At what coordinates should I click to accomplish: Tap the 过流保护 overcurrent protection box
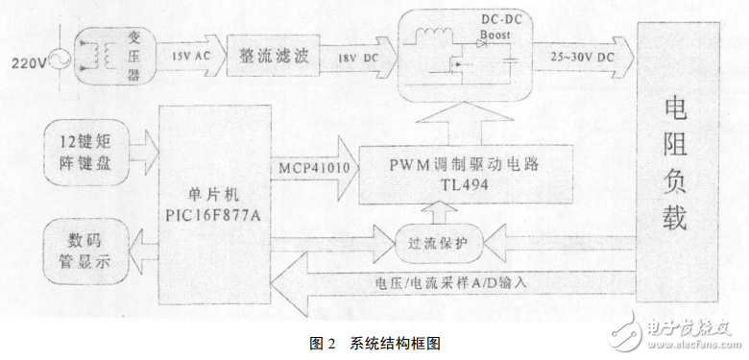coord(434,240)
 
